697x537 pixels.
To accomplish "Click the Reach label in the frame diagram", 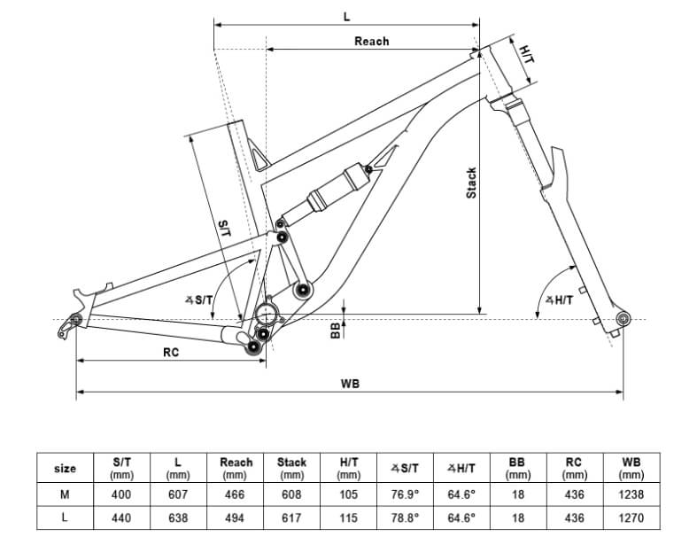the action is click(x=372, y=42).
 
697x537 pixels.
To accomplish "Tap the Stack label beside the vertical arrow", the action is click(x=471, y=183).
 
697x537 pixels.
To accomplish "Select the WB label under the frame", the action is click(x=350, y=384).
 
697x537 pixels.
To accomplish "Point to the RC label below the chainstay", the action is click(x=171, y=353).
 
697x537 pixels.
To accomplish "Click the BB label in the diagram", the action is click(x=336, y=331).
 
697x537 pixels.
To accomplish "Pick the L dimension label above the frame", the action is click(x=346, y=18).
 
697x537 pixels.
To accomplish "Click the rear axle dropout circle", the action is click(x=76, y=319).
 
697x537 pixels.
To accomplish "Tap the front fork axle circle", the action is click(x=623, y=318).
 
